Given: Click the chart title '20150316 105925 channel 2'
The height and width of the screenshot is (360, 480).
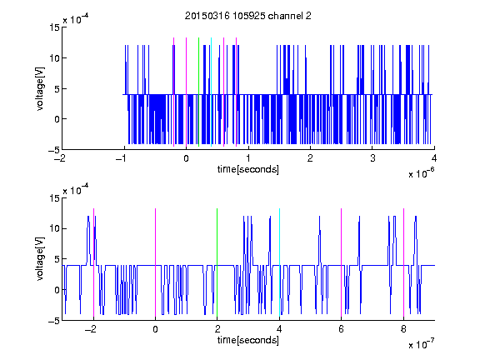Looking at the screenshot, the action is point(248,16).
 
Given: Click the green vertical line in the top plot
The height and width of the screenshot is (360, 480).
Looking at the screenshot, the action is point(198,92).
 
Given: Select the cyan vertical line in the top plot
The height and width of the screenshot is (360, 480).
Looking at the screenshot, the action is point(211,92).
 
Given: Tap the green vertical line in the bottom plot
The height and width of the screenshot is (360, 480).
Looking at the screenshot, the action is point(217,262).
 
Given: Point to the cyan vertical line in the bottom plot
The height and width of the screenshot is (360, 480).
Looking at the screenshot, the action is point(279,262).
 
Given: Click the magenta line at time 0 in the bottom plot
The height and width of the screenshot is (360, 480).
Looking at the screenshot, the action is point(155,262).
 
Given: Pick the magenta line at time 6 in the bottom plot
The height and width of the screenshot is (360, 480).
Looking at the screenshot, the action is point(341,262).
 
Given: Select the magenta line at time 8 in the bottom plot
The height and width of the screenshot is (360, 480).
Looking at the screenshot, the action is point(403,262).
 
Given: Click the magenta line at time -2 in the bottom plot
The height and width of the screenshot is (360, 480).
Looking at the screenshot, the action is point(93,262).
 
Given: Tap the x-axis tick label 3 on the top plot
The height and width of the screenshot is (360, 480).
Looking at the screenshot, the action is point(372,158).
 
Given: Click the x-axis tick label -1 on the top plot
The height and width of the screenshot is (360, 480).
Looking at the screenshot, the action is point(122,158).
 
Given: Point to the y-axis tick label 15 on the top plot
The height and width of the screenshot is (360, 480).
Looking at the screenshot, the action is point(54,27).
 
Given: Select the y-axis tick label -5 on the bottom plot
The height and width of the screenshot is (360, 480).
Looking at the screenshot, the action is point(54,321).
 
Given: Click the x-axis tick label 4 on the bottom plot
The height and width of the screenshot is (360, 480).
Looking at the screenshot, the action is point(279,329).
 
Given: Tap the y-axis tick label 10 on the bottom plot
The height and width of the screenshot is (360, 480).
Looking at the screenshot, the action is point(54,228).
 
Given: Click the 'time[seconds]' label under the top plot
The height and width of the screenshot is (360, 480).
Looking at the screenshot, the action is point(248,169).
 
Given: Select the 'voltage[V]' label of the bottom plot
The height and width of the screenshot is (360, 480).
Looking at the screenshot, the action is point(40,259).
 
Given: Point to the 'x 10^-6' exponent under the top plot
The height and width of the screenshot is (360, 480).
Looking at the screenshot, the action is point(421,172).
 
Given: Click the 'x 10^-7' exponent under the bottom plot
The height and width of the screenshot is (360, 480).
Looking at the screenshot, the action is point(421,343).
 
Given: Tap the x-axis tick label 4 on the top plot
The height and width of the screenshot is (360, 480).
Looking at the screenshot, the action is point(434,158).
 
